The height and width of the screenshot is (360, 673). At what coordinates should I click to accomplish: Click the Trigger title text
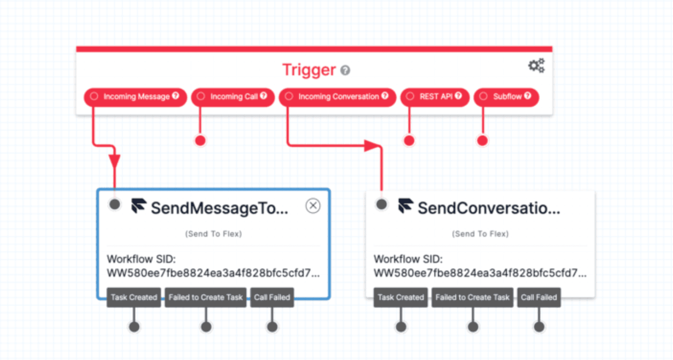309,70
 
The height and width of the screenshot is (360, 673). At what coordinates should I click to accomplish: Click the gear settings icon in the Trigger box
536,66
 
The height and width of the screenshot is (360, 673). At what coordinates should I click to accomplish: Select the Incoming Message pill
135,97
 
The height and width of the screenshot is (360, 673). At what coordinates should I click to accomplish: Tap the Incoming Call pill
233,97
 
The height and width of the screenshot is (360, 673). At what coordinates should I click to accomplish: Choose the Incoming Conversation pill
337,97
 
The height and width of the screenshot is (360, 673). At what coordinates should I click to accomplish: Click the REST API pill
435,97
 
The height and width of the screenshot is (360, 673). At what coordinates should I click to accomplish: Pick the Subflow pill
506,97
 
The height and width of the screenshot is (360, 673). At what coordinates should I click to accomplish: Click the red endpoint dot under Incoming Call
200,141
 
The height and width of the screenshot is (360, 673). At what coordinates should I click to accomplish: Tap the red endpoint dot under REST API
409,141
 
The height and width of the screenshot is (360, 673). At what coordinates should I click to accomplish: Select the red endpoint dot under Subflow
482,141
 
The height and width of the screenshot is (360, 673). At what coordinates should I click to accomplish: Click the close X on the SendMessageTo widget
313,206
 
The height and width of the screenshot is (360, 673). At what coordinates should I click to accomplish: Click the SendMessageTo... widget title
219,208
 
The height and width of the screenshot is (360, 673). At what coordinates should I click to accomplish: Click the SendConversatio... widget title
489,208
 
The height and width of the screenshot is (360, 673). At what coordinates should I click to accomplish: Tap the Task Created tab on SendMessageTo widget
134,298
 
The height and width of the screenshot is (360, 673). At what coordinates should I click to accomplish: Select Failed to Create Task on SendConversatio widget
472,298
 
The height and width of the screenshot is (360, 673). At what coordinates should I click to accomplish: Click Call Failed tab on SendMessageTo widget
272,298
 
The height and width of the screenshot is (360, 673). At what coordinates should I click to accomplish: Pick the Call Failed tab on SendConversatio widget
539,298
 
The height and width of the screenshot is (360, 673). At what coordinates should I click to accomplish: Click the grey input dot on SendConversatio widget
382,204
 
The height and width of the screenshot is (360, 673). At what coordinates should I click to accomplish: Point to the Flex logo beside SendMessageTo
139,206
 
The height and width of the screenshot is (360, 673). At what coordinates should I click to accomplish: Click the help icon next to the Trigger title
345,70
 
